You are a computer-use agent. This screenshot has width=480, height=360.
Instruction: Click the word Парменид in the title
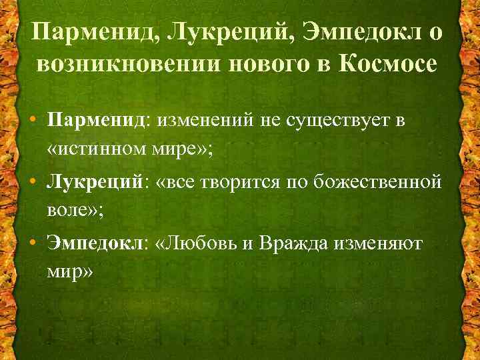pyautogui.click(x=89, y=32)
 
